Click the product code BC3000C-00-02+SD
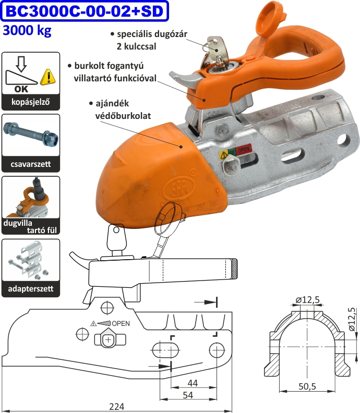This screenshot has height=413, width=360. click(x=86, y=11)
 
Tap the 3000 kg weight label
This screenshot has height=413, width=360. click(x=27, y=31)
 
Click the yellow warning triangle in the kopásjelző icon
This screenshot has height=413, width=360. click(x=48, y=77)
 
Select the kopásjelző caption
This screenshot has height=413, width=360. click(x=30, y=102)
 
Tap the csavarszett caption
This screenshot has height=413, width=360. click(x=30, y=165)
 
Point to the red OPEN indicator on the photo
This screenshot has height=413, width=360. click(x=244, y=151)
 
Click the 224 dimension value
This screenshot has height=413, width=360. click(x=116, y=406)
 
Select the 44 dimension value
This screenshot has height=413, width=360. click(x=193, y=383)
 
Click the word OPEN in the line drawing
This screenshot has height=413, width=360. click(x=121, y=323)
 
